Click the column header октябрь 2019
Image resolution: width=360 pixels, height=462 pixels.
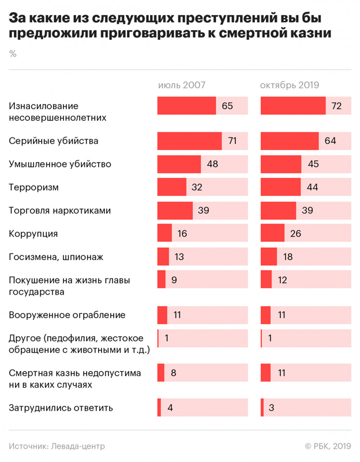(x=291, y=85)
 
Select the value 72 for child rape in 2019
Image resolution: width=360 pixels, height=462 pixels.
(x=336, y=106)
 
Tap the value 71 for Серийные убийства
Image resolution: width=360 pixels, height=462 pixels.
(x=233, y=141)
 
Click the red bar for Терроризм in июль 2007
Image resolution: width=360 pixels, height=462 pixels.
(x=172, y=188)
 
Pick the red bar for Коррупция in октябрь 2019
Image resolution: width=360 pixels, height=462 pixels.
(x=273, y=234)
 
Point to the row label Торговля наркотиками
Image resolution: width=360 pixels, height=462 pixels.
(x=60, y=211)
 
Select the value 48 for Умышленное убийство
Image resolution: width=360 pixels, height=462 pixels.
(x=212, y=165)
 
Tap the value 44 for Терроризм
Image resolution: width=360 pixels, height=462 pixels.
(x=313, y=188)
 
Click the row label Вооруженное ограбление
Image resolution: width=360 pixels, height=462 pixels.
(x=67, y=315)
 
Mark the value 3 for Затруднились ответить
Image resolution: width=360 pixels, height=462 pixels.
(x=271, y=408)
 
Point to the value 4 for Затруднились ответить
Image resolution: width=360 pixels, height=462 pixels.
(x=170, y=408)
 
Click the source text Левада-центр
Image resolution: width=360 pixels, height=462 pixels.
(x=78, y=446)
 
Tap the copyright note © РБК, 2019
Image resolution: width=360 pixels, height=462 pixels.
(x=327, y=446)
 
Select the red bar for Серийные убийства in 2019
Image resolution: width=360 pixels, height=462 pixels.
(x=290, y=141)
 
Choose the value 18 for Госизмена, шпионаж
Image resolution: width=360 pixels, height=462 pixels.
(x=288, y=257)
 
